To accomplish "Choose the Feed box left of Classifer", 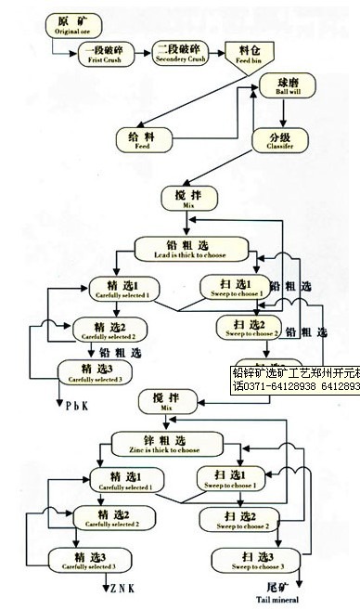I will (142, 140).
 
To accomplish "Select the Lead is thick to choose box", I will (192, 249).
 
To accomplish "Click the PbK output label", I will (77, 406).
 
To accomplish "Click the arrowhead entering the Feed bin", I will (224, 54).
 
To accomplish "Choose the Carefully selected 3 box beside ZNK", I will (88, 561).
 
